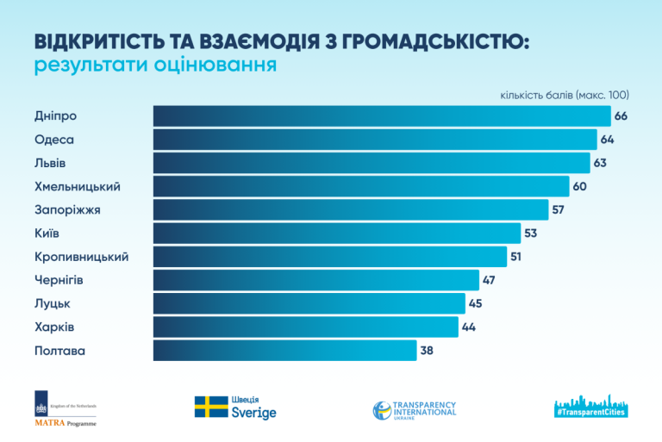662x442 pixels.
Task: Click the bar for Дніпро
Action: coord(382,116)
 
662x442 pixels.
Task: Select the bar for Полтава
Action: coord(284,351)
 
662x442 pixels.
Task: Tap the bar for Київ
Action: coord(337,233)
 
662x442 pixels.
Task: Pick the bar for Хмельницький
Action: coord(361,186)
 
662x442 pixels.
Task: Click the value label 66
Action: coord(620,116)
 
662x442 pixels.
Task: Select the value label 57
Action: coord(558,210)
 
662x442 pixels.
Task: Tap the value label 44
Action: coord(469,327)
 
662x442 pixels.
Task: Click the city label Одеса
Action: coord(54,140)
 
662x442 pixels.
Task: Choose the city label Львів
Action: coord(50,163)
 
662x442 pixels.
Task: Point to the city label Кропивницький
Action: coord(81,257)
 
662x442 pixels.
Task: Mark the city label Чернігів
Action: coord(59,280)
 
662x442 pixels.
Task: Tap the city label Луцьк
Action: coord(53,303)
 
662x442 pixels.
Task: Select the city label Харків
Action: coord(54,327)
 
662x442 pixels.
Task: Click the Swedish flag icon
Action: coord(210,407)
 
